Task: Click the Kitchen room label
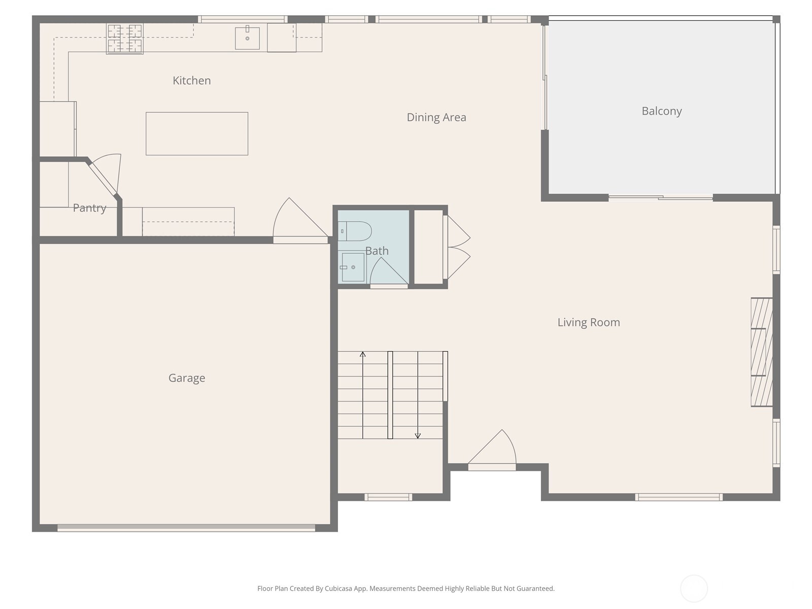192,81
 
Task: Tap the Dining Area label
436,118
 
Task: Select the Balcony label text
661,111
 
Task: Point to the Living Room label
589,322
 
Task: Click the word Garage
187,378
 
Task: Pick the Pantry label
89,208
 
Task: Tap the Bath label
377,251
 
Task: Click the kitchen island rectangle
197,134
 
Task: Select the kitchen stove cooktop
125,39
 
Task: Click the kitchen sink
247,38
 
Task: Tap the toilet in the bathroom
354,231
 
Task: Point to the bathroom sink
353,267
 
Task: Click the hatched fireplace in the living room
761,352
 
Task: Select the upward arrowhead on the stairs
362,354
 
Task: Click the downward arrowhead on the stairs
418,436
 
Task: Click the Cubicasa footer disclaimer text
406,589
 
